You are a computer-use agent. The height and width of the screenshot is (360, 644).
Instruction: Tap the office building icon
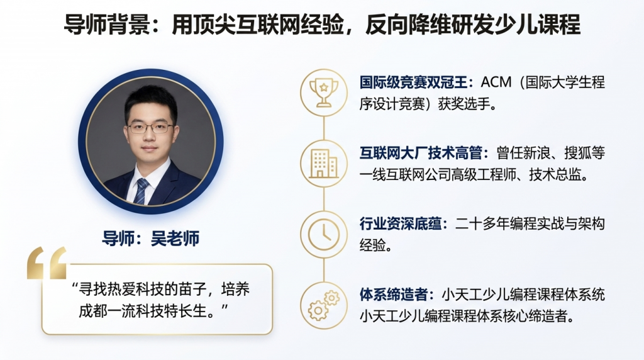(324, 164)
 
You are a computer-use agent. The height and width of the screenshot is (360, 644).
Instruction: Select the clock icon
(324, 235)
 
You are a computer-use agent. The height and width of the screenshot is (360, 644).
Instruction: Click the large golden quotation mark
(47, 263)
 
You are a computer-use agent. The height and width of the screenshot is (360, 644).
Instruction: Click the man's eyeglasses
(150, 128)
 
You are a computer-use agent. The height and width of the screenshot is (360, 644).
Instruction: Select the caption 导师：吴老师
(151, 239)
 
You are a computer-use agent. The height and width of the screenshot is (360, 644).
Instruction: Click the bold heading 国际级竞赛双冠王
(413, 82)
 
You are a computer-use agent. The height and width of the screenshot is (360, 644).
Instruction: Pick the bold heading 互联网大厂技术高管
(421, 154)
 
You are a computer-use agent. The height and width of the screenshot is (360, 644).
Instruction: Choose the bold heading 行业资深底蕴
(401, 224)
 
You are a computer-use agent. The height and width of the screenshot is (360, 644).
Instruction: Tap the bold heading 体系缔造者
(394, 295)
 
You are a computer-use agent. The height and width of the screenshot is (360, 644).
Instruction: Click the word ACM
(496, 82)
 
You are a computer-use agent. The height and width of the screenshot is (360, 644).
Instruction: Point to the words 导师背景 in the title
(107, 25)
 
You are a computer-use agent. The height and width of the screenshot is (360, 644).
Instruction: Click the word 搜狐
(578, 154)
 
